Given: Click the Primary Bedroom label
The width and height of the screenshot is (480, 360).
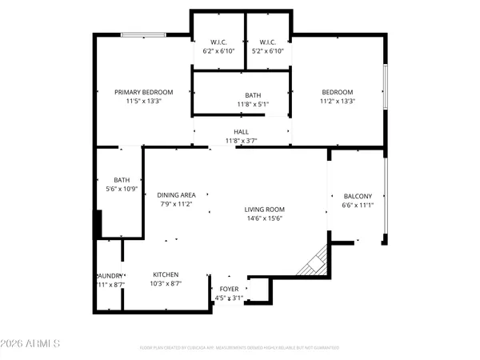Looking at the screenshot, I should click(x=143, y=92).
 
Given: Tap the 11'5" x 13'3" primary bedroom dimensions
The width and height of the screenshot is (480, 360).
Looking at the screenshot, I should click(x=143, y=102).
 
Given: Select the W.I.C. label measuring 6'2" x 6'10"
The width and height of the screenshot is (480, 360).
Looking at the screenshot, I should click(x=218, y=42).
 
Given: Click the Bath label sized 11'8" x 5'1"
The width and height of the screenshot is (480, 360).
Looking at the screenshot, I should click(x=242, y=94).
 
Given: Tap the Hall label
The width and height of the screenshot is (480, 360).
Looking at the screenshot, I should click(x=241, y=132).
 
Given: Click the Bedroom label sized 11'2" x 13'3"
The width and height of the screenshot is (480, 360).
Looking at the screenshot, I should click(x=337, y=92).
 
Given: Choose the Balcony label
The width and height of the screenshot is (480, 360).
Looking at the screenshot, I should click(x=357, y=196).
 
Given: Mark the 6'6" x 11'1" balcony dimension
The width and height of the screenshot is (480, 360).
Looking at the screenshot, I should click(x=357, y=206).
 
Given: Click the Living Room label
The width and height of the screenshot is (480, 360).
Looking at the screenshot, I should click(x=264, y=210).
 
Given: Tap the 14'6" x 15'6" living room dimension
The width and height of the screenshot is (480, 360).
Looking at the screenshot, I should click(x=264, y=219).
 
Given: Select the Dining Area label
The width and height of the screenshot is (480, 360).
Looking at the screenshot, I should click(x=176, y=194).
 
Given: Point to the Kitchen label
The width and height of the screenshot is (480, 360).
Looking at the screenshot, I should click(x=166, y=274).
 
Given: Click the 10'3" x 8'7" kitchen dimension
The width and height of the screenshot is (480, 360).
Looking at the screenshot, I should click(x=166, y=284).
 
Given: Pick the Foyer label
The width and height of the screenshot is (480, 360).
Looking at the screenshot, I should click(x=228, y=289).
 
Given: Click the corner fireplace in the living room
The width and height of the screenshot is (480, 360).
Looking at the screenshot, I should click(x=314, y=262).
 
